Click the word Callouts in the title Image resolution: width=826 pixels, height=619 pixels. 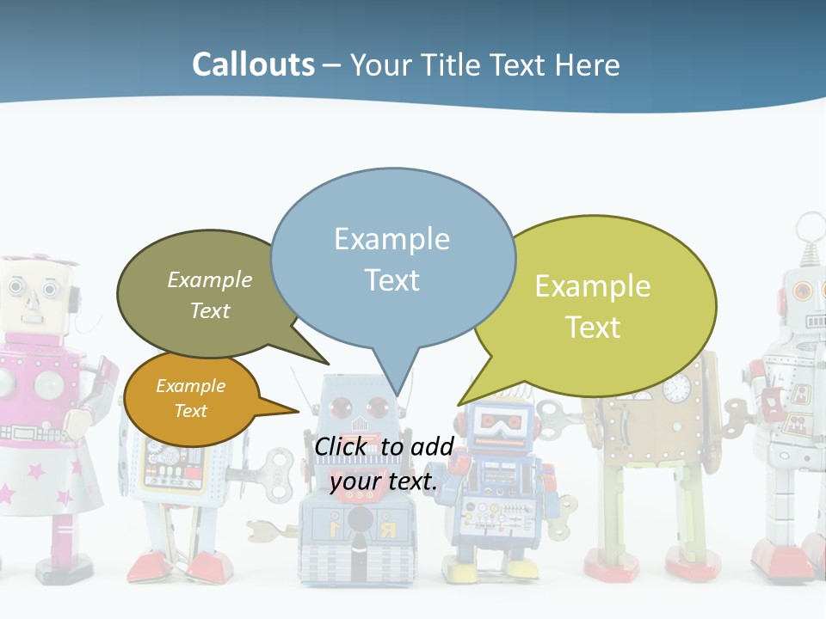253,64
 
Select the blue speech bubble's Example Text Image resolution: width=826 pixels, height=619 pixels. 391,259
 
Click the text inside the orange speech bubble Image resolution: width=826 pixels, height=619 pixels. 190,398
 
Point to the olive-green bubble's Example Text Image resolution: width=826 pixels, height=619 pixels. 209,295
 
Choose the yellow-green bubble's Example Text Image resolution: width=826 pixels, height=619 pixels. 593,306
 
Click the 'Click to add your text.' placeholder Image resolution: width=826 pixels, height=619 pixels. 384,464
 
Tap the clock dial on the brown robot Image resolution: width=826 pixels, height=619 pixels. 677,389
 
